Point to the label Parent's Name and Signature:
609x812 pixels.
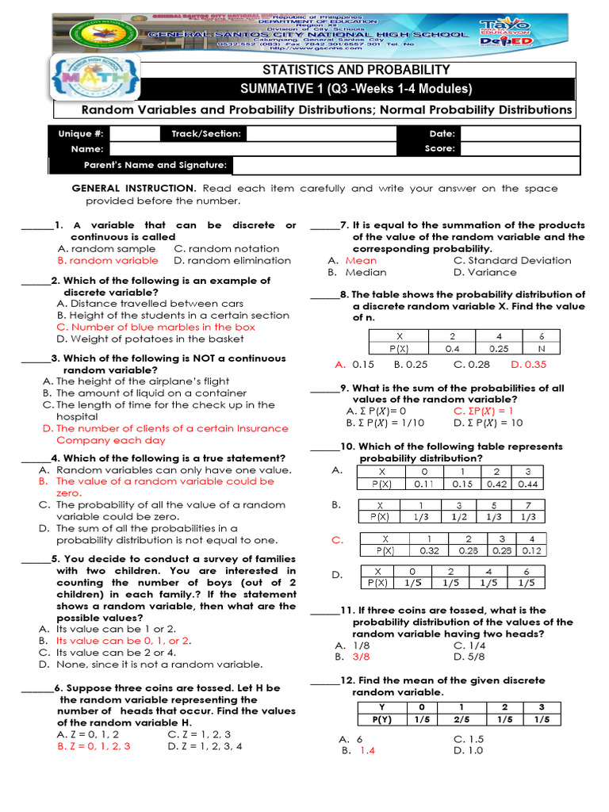click(x=155, y=165)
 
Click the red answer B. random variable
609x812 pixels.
click(x=108, y=260)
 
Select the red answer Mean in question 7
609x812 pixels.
click(x=361, y=260)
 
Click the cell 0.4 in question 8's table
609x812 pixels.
click(x=452, y=348)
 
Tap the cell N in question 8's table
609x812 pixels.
click(x=541, y=348)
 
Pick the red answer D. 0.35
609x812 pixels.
click(x=529, y=365)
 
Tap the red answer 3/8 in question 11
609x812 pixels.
click(x=361, y=657)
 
